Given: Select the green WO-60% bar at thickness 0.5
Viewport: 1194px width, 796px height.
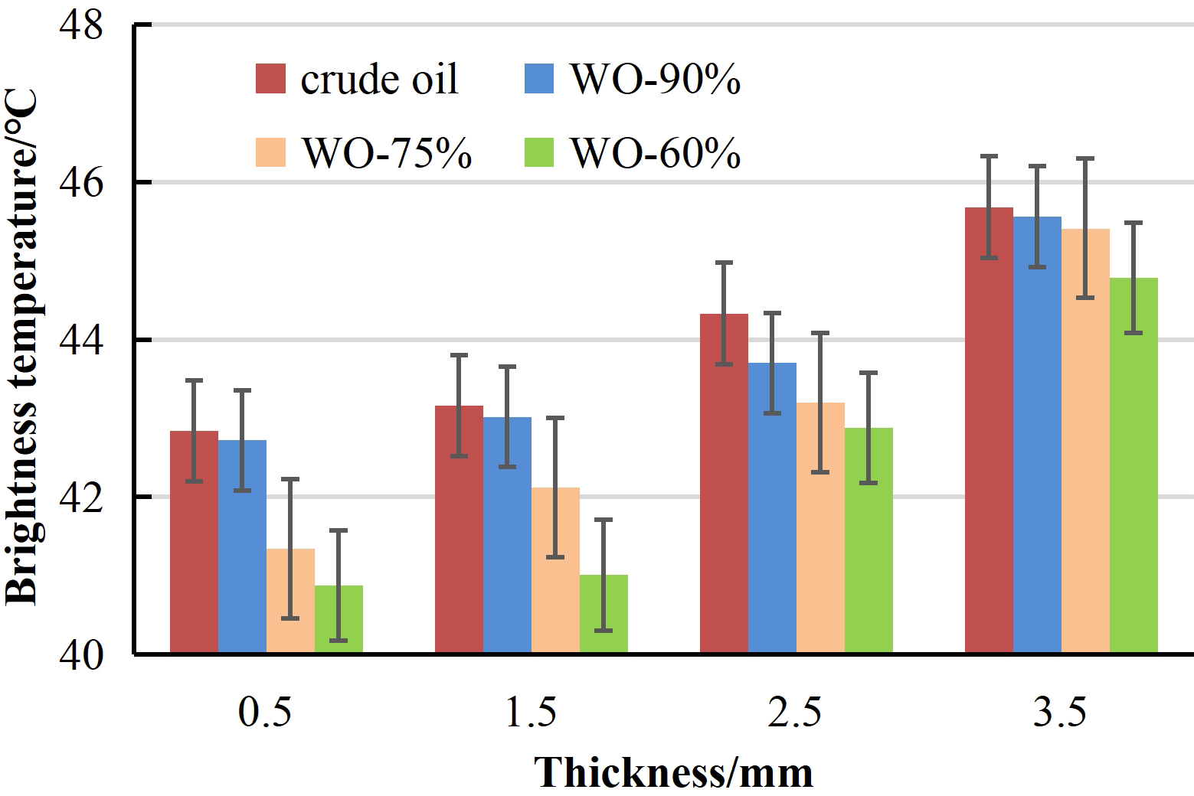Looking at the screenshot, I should click(x=339, y=619).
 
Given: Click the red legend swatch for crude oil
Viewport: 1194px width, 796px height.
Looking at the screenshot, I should click(x=270, y=79).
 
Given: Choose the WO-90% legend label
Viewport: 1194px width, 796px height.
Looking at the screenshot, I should click(x=656, y=79).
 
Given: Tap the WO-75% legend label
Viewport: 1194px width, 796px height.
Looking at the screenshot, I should click(x=387, y=152).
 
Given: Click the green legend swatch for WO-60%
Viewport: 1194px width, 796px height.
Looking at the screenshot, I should click(x=540, y=152).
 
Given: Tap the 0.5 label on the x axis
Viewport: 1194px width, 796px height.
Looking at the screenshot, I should click(x=265, y=713).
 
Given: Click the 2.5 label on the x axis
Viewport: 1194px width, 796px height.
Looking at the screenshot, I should click(x=795, y=713).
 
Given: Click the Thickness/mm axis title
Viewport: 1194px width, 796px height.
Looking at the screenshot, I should click(x=673, y=772).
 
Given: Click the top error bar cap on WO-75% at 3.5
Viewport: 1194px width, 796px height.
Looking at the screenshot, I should click(x=1085, y=158).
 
